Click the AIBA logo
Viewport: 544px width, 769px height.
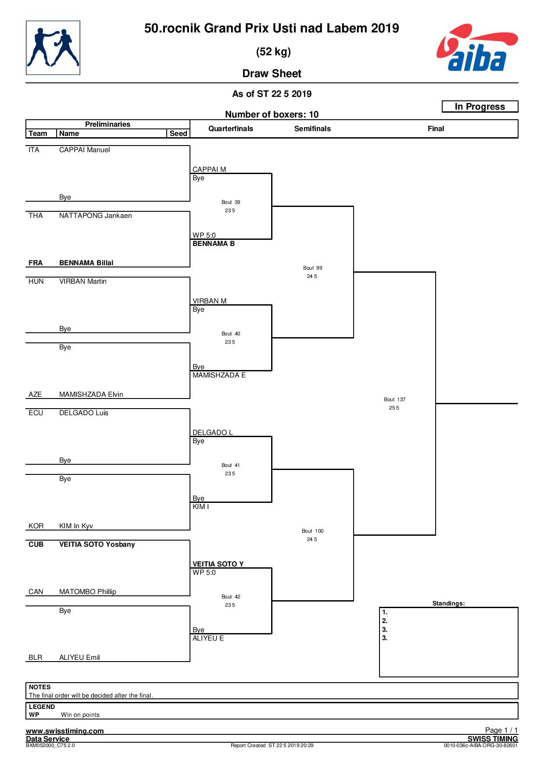[477, 47]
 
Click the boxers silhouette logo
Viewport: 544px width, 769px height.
[53, 48]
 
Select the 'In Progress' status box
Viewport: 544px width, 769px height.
[480, 107]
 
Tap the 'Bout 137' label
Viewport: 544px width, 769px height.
[395, 399]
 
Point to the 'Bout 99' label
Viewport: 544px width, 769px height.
[313, 268]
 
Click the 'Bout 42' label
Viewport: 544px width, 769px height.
[231, 597]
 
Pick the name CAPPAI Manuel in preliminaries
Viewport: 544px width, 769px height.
[85, 150]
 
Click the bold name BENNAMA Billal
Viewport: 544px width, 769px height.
[86, 263]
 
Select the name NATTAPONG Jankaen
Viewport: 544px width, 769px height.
[96, 216]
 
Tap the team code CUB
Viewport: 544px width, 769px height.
[36, 545]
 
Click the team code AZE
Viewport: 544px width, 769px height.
[35, 395]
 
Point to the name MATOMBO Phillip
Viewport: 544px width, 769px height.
[88, 592]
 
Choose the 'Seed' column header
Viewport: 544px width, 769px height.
[179, 133]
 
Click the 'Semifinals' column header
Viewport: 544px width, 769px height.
[312, 128]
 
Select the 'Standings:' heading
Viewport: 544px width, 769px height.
[448, 603]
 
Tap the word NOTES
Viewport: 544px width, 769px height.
[40, 687]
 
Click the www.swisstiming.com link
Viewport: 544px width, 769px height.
[65, 731]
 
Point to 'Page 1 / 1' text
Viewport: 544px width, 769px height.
[501, 730]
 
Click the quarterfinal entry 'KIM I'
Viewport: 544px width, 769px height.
[201, 507]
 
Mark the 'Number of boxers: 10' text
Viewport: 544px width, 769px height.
[272, 114]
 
